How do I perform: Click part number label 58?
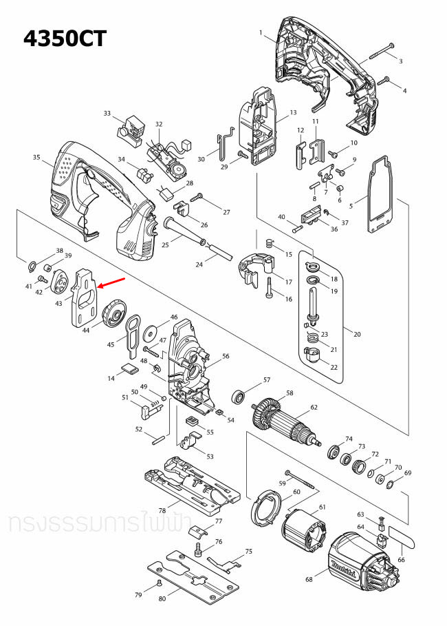click(x=290, y=393)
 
